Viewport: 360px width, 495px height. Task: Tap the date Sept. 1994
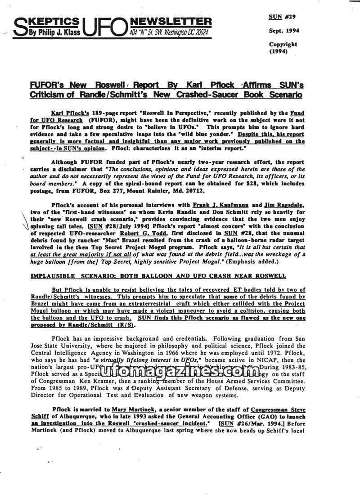(284, 31)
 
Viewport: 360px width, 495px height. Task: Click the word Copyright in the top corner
(283, 44)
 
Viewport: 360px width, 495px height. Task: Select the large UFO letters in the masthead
(105, 27)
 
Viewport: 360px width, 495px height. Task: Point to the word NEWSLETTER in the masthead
(170, 22)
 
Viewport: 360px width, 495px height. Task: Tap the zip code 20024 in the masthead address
(200, 32)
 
